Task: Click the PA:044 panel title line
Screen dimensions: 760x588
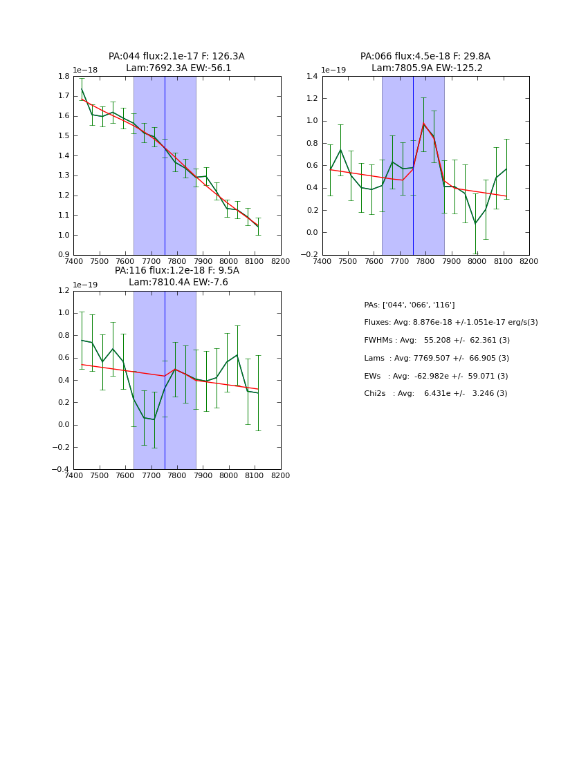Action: (176, 57)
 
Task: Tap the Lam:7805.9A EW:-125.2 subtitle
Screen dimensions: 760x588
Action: (427, 68)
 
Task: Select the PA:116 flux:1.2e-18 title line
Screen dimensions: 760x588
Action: (176, 271)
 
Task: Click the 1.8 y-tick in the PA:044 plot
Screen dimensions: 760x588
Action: (63, 77)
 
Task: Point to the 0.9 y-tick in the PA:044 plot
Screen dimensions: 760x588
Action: (63, 255)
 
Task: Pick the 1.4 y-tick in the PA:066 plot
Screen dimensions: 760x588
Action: (311, 77)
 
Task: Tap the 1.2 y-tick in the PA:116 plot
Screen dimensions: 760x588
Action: (63, 291)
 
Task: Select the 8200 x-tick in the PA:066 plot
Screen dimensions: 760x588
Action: (529, 261)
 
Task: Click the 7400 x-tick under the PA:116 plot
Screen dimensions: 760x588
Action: (73, 475)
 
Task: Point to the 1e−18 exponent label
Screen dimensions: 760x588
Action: (85, 70)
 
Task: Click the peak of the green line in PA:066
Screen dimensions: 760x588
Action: (423, 124)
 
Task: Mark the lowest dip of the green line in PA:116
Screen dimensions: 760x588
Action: (154, 419)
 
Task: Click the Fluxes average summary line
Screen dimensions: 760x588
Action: (450, 323)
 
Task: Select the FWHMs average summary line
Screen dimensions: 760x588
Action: (437, 341)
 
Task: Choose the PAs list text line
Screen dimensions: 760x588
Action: (409, 305)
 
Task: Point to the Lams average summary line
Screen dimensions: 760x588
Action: (436, 358)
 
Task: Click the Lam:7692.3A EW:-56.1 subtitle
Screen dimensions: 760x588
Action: (178, 68)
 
